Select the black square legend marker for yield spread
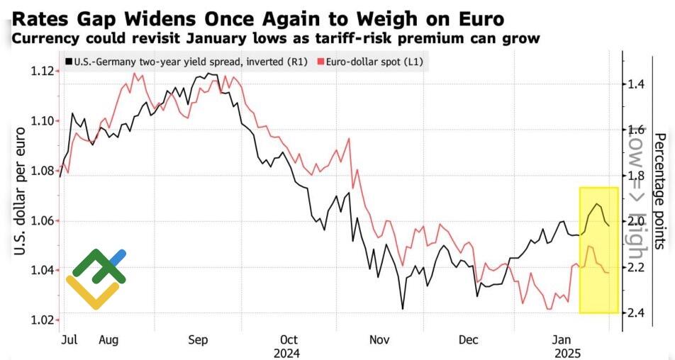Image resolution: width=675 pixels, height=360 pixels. (x=69, y=62)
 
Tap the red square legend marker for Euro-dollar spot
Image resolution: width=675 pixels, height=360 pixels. (x=320, y=62)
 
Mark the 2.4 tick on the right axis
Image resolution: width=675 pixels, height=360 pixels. (x=635, y=313)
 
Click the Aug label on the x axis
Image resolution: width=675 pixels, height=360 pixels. (x=108, y=340)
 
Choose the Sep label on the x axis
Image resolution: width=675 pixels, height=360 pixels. (x=198, y=340)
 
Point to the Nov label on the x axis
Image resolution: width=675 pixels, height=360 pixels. (x=380, y=340)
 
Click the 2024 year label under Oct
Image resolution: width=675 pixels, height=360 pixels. (x=288, y=353)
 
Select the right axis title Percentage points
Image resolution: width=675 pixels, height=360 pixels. (x=659, y=191)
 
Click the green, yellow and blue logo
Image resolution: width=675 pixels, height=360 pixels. (x=96, y=279)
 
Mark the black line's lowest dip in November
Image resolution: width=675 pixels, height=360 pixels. (x=403, y=309)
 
